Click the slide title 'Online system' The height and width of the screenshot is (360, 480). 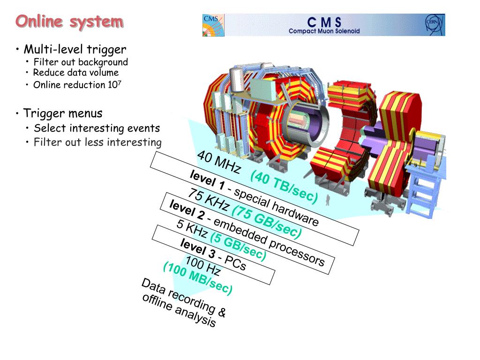point(69,22)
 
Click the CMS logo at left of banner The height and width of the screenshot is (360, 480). point(213,25)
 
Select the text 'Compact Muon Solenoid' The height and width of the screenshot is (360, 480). point(324,31)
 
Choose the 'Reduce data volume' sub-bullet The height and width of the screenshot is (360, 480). point(76,73)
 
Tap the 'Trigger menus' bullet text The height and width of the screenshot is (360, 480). point(63,113)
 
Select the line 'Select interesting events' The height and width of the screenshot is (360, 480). point(97,128)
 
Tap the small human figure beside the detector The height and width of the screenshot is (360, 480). point(329,200)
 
